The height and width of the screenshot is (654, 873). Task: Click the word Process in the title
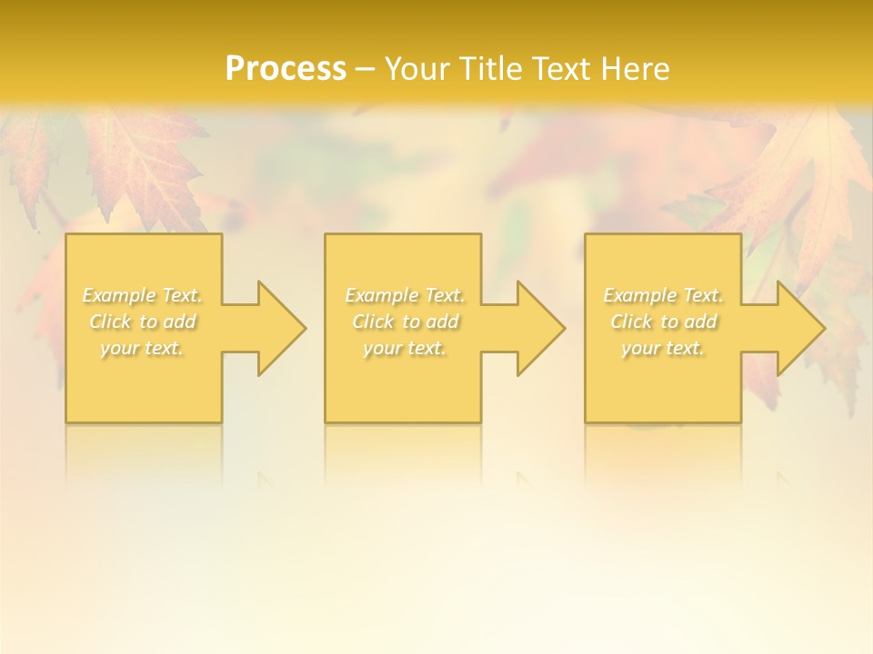coord(286,69)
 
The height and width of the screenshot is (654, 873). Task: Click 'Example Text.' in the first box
coord(143,295)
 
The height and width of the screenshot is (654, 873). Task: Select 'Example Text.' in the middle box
coord(405,295)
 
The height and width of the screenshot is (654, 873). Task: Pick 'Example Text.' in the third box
coord(663,295)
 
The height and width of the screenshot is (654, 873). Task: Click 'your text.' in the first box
coord(142,348)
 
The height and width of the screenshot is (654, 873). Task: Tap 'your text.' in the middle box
coord(405,348)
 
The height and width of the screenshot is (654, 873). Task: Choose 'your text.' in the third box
coord(663,348)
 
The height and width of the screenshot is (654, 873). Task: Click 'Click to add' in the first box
coord(143,322)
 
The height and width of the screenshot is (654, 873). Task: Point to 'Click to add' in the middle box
coord(405,322)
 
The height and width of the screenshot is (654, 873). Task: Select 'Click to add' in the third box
coord(663,322)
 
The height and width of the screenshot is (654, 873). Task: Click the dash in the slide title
coord(365,69)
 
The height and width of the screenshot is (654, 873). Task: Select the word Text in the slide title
coord(564,69)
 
